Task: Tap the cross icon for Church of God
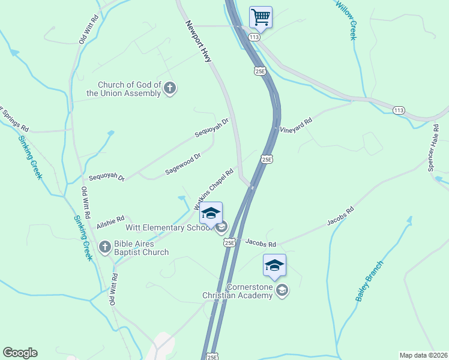pos(170,89)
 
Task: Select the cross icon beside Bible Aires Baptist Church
pos(105,247)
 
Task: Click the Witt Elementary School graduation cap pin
pos(211,213)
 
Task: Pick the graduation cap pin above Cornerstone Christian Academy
pos(274,265)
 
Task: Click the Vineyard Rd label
pos(297,125)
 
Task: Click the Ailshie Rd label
pos(110,222)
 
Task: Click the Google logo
pos(20,353)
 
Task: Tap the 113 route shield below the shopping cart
pos(255,37)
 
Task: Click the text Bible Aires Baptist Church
pos(142,248)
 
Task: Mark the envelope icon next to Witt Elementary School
pos(221,226)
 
